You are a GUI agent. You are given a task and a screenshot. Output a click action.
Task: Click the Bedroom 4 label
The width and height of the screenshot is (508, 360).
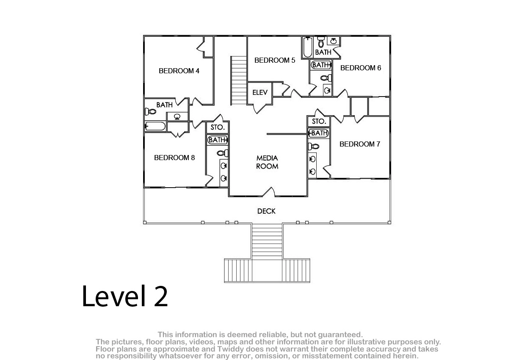pos(179,71)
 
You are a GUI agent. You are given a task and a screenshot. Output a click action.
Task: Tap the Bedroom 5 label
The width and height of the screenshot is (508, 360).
pos(275,60)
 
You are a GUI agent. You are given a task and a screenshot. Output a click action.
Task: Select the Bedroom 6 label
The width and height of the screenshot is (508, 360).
pos(361,68)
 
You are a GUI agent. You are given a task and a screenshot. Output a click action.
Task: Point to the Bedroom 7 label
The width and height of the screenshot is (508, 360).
pos(360,144)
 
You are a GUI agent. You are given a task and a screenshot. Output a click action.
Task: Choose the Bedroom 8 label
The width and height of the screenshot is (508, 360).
pos(174,158)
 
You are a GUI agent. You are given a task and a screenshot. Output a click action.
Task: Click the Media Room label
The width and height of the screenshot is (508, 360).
pos(267,162)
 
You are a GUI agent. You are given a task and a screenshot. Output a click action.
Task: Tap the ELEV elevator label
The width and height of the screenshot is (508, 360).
pos(260,92)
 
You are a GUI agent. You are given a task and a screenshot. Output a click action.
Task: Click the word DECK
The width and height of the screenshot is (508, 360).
pos(266,211)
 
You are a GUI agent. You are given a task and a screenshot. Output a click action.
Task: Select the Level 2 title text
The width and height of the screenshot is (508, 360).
pos(125,296)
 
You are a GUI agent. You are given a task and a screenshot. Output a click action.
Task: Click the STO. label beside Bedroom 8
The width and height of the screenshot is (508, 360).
pos(218,127)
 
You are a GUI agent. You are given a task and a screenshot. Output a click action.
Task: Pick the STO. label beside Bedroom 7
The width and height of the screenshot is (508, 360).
pos(319,122)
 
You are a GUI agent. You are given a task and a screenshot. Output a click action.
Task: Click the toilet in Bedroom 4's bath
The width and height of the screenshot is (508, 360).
pos(151,111)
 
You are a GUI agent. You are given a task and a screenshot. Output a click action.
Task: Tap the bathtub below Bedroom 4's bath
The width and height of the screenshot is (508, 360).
pos(155,126)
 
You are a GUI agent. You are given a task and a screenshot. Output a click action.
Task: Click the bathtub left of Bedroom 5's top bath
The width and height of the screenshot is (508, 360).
pos(308,47)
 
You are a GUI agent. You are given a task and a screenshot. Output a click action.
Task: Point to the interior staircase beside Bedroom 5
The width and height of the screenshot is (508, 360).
pos(239,80)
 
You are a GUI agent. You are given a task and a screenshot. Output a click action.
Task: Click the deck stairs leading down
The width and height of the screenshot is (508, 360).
pos(267,241)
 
